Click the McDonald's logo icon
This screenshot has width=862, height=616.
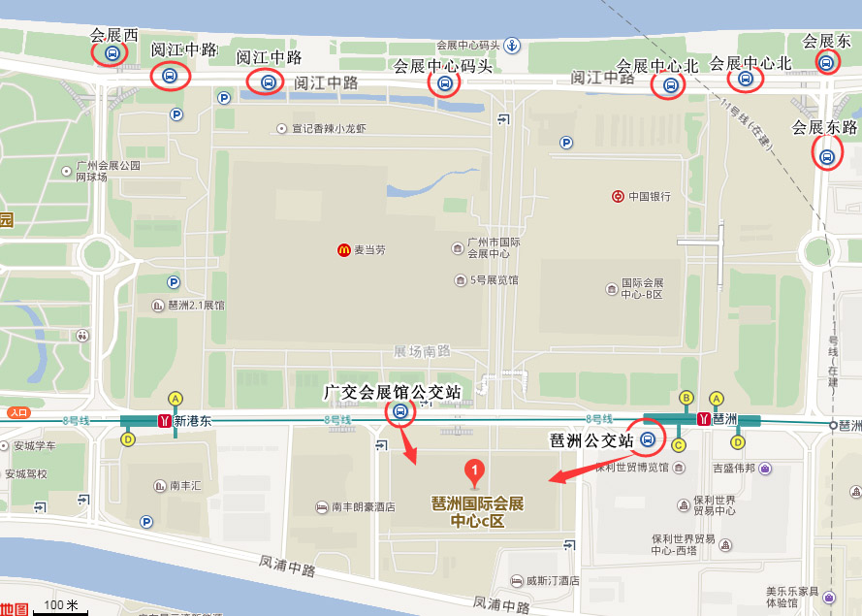tap(343, 250)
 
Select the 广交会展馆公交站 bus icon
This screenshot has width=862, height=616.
tap(400, 411)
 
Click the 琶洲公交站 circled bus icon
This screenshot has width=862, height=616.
tap(648, 441)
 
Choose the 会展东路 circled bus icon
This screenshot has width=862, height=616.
tap(827, 155)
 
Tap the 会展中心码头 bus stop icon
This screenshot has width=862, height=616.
tap(444, 83)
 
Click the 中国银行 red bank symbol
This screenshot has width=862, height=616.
tap(618, 196)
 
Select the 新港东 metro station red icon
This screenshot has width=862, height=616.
tap(165, 421)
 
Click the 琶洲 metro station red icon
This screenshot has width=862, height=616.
tap(704, 420)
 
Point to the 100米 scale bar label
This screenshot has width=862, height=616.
tap(60, 605)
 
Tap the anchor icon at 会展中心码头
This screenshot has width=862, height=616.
tap(512, 45)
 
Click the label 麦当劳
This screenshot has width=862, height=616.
tap(368, 250)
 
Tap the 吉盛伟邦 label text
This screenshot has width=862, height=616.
tap(735, 469)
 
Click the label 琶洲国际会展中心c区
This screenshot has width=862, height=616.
tap(477, 512)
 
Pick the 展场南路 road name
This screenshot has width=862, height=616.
tap(423, 351)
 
